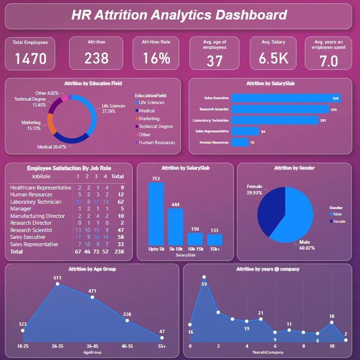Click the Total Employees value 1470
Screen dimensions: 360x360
point(30,59)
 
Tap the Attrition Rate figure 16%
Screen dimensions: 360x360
point(156,58)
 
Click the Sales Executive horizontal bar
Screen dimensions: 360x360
point(286,98)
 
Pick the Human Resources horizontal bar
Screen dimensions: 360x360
point(239,142)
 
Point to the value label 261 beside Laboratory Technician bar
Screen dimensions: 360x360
point(323,120)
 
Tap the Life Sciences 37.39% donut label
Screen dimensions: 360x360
point(113,108)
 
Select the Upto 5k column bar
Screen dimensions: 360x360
point(156,213)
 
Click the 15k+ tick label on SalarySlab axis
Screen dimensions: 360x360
point(214,249)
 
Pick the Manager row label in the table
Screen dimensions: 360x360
point(21,209)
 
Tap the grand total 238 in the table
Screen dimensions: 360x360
point(118,252)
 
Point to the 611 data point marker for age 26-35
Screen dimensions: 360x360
point(58,283)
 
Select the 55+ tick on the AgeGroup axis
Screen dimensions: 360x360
point(162,346)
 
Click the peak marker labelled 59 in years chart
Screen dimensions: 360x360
point(204,277)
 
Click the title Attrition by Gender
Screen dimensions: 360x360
point(294,168)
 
